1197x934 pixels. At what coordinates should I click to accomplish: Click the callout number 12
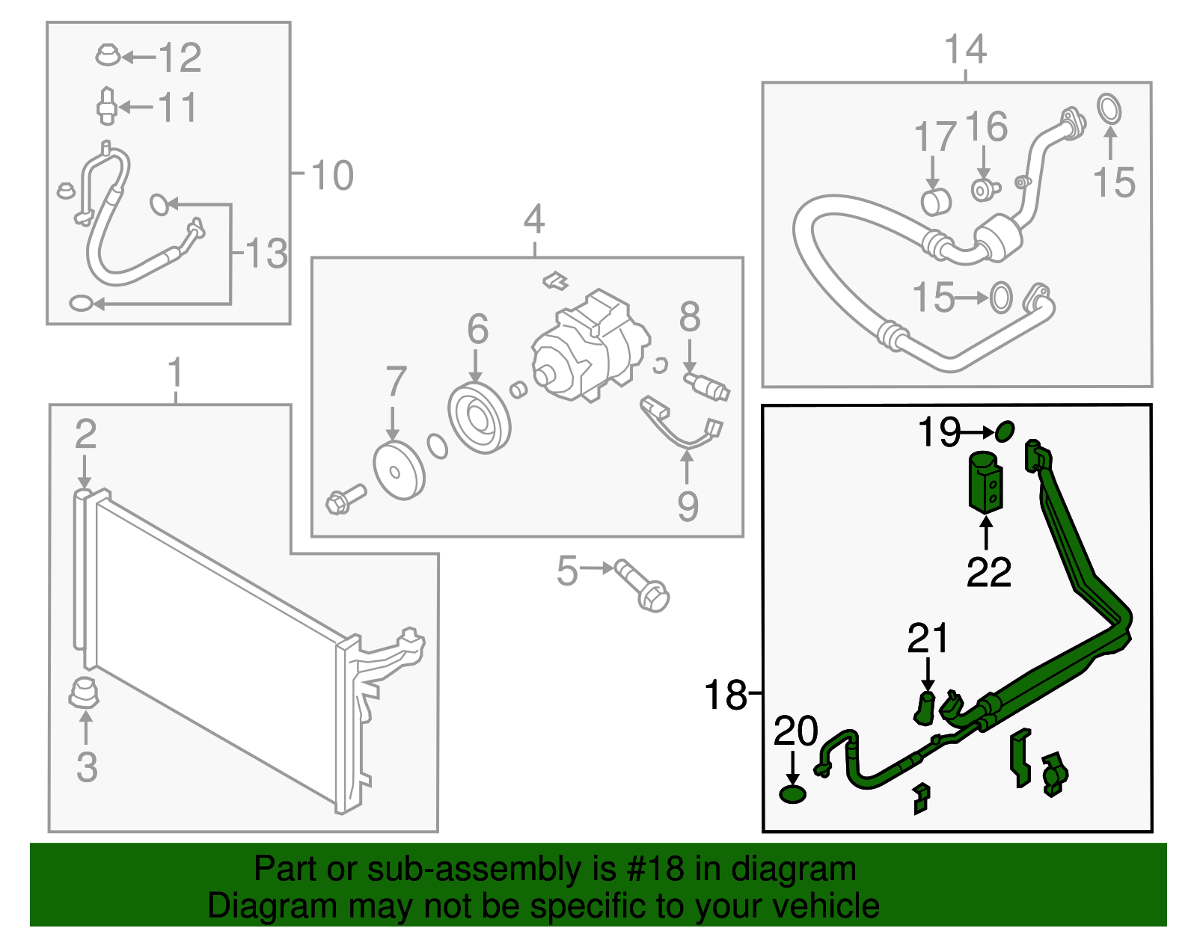tap(180, 58)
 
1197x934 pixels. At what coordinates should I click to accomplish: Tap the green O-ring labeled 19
tap(1005, 431)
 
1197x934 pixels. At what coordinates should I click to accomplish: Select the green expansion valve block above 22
tap(986, 482)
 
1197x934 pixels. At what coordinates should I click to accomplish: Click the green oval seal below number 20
tap(792, 794)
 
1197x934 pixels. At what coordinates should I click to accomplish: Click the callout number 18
tap(725, 695)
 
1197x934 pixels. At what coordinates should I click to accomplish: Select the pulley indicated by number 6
tap(480, 419)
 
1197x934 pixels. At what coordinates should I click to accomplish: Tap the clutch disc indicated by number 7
tap(398, 470)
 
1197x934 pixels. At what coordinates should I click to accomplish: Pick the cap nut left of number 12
tap(108, 55)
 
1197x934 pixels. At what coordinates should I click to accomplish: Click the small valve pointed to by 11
tap(106, 107)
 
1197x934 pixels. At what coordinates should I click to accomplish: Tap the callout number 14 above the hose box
tap(965, 50)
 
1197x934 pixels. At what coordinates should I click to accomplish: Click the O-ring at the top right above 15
tap(1109, 109)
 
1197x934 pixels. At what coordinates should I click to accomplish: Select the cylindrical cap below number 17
tap(935, 202)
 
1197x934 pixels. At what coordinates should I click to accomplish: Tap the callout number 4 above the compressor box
tap(533, 220)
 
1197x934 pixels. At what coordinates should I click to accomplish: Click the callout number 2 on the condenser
tap(85, 435)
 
